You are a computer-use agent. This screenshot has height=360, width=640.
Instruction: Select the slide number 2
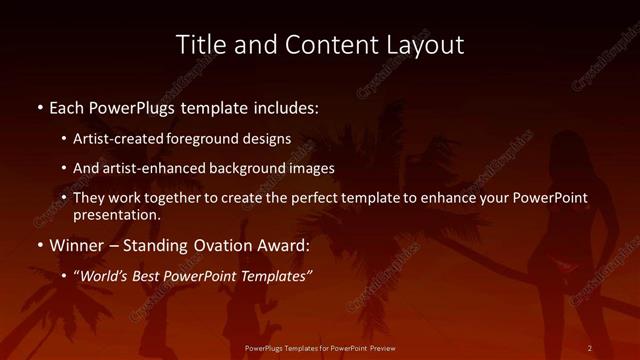pyautogui.click(x=590, y=348)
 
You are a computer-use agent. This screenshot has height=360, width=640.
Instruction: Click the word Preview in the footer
pyautogui.click(x=381, y=348)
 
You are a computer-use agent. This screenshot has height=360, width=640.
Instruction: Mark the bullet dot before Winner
pyautogui.click(x=39, y=246)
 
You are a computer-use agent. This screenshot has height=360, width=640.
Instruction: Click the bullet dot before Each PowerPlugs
pyautogui.click(x=39, y=107)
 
